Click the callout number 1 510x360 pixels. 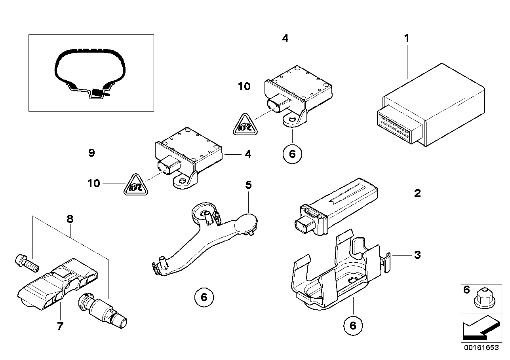click(x=406, y=38)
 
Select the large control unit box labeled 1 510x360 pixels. click(x=432, y=105)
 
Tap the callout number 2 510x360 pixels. click(x=417, y=194)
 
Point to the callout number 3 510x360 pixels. click(x=417, y=255)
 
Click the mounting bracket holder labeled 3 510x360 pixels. click(x=337, y=277)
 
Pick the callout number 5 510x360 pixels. click(x=248, y=185)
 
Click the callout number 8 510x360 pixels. click(x=70, y=219)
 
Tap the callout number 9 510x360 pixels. click(x=91, y=153)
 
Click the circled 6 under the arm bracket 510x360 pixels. click(x=204, y=296)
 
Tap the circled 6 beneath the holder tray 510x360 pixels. click(x=353, y=325)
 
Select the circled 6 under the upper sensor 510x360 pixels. click(x=292, y=154)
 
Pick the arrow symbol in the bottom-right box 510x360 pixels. click(x=479, y=327)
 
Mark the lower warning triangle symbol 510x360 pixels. click(x=135, y=185)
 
